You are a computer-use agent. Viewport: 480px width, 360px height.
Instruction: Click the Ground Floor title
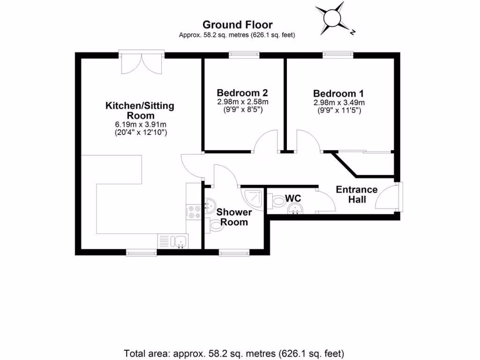click(x=237, y=25)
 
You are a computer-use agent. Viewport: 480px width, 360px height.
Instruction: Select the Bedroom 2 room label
click(x=242, y=93)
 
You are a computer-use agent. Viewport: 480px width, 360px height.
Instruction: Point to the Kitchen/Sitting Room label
click(x=140, y=111)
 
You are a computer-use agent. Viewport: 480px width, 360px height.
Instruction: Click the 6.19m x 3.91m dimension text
click(x=140, y=124)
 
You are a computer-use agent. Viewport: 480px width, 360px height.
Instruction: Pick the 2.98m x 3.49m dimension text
click(x=339, y=103)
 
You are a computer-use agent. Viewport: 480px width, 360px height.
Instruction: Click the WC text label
click(x=293, y=198)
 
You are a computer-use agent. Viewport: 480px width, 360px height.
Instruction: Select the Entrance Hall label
click(x=357, y=194)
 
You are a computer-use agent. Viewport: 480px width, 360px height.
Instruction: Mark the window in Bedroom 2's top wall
click(x=244, y=54)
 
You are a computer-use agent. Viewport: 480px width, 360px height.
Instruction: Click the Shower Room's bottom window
click(x=234, y=253)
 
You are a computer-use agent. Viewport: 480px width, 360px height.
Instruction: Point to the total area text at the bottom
click(x=234, y=353)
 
